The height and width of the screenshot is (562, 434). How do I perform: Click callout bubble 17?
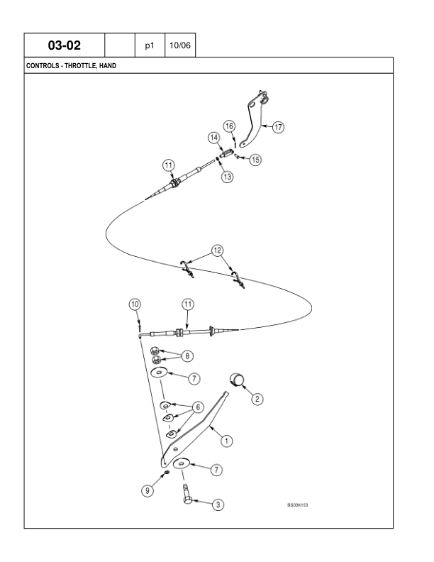[x=278, y=128]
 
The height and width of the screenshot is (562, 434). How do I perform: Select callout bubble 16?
[x=229, y=126]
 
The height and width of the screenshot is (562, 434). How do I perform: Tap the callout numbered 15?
[x=255, y=160]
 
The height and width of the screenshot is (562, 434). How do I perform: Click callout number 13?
[x=227, y=177]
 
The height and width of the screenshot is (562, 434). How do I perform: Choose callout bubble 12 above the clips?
[x=218, y=250]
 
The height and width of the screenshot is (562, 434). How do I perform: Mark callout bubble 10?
[x=135, y=304]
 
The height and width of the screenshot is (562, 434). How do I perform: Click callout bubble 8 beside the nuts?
[x=187, y=355]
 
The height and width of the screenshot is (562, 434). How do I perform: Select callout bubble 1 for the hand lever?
[x=227, y=440]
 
